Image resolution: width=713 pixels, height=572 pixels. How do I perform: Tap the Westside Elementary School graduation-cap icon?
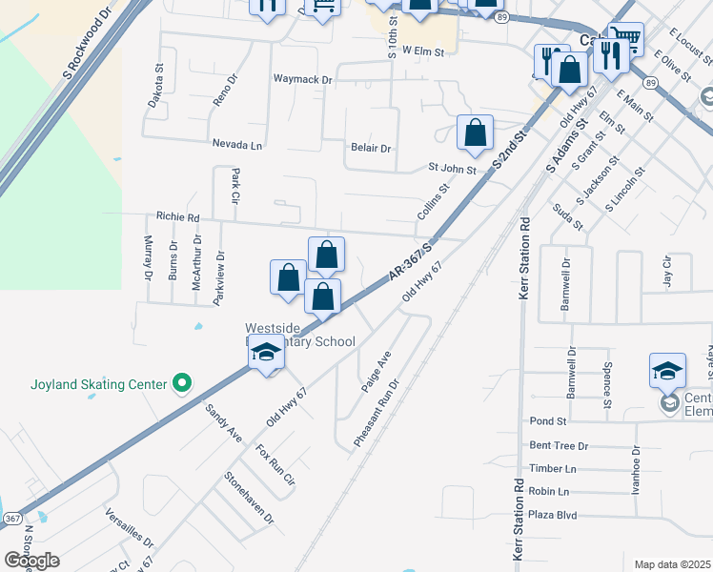[x=267, y=354]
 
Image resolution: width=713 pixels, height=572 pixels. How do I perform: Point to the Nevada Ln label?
[x=237, y=145]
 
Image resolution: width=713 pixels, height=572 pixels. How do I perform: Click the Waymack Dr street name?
[x=302, y=80]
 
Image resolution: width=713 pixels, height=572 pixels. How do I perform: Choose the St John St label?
[x=451, y=170]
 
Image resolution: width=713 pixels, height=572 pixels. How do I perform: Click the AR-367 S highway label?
[x=411, y=261]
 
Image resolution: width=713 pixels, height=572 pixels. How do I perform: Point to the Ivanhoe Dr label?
[x=635, y=469]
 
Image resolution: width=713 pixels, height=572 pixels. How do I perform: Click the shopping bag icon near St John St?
[x=475, y=133]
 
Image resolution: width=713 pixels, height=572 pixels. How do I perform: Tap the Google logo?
[x=31, y=561]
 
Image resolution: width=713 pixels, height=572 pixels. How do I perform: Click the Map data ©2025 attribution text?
[x=673, y=564]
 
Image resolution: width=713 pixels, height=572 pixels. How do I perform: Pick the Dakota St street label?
[x=159, y=82]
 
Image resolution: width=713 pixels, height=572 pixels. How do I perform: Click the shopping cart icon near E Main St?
[x=625, y=38]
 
